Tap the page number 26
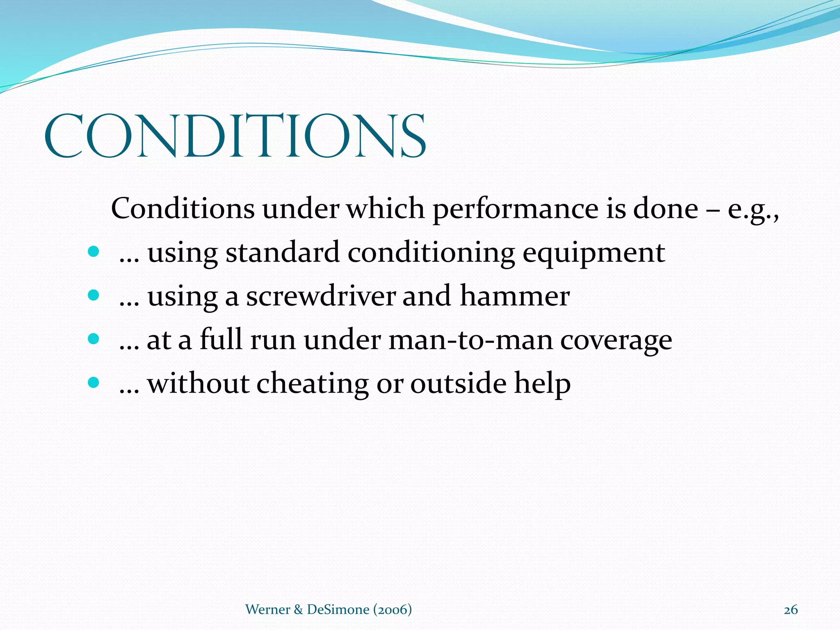tap(790, 610)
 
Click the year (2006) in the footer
tap(392, 609)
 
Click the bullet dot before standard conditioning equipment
tap(94, 251)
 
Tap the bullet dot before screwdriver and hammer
tap(94, 295)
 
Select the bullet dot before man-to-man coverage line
tap(94, 339)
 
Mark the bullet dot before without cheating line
tap(94, 383)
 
